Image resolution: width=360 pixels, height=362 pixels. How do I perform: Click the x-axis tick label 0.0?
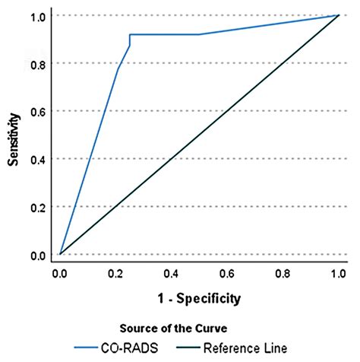click(59, 271)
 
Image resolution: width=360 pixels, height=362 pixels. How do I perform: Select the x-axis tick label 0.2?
click(115, 271)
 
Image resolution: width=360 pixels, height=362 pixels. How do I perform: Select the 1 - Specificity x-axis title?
click(198, 297)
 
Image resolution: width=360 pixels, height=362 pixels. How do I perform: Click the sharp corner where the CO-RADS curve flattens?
click(130, 34)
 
